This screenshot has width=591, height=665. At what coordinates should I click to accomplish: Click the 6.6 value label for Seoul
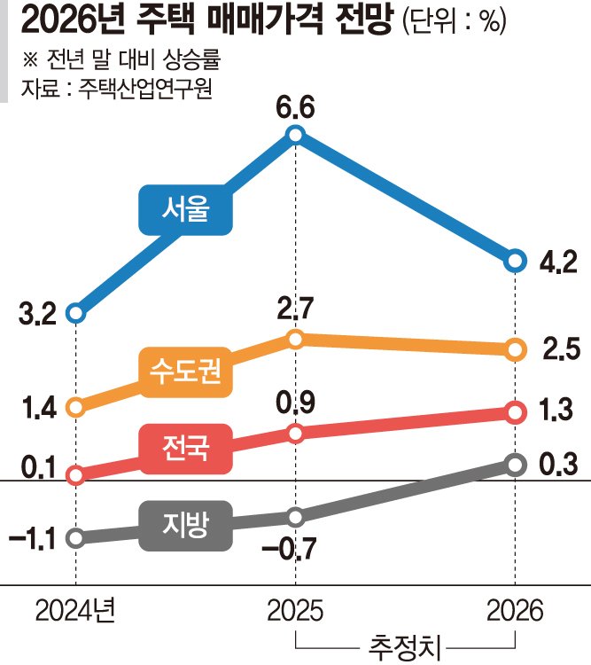[x=296, y=110]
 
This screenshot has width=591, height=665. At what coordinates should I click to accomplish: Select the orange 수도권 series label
[x=187, y=372]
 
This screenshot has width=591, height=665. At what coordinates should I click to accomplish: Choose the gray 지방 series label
[x=185, y=522]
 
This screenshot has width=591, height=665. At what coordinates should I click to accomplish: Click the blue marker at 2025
[x=296, y=135]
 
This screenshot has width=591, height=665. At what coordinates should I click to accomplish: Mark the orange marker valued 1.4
[x=75, y=408]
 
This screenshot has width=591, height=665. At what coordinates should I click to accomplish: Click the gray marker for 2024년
[x=75, y=537]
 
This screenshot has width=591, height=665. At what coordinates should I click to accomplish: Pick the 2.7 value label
[x=296, y=309]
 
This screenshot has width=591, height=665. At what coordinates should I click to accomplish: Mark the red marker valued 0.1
[x=75, y=475]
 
